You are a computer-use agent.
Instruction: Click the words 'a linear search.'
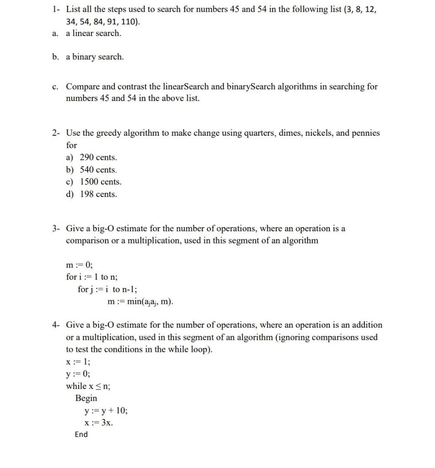(94, 33)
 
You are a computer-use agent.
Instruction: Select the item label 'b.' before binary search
(55, 57)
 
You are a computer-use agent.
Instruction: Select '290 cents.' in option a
(98, 157)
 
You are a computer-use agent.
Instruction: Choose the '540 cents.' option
(98, 170)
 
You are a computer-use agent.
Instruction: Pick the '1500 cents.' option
(101, 182)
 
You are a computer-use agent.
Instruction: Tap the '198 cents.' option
(98, 194)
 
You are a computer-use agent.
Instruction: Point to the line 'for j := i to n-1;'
(107, 289)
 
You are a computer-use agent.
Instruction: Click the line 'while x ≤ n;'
(88, 386)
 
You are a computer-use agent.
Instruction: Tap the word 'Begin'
(86, 398)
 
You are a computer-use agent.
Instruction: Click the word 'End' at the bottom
(81, 435)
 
